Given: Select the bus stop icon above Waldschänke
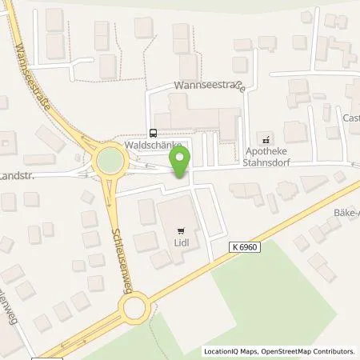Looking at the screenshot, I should point(153,134).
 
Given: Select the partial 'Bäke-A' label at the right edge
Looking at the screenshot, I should point(346,214).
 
